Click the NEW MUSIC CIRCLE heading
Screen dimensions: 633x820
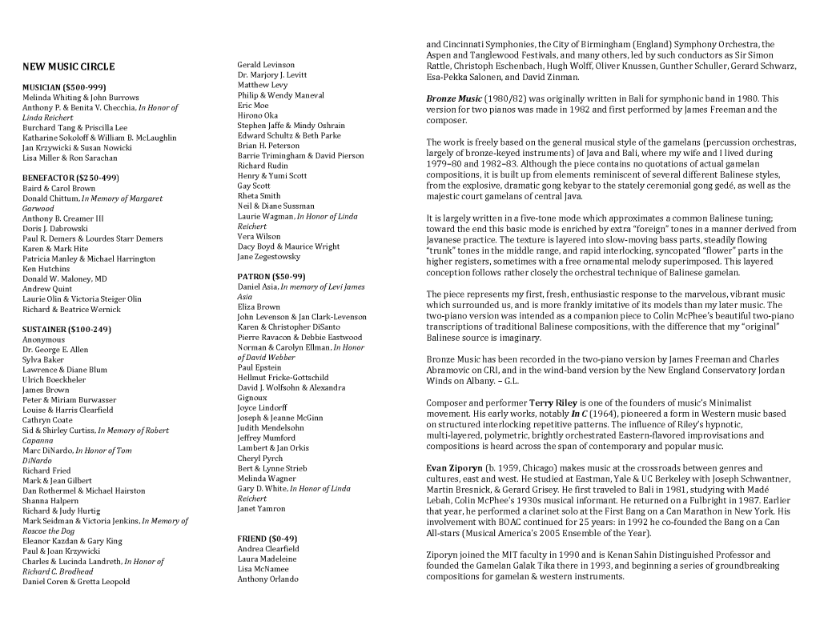(68, 67)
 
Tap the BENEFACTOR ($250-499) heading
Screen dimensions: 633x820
(70, 178)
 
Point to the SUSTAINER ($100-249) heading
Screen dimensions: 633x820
(66, 329)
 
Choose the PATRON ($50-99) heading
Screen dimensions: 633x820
(271, 276)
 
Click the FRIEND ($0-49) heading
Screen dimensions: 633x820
(267, 539)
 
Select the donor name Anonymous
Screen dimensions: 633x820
(43, 339)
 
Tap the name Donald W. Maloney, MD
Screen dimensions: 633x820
(64, 278)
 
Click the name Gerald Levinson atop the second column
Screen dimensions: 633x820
(266, 65)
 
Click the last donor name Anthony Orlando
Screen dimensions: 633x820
(267, 579)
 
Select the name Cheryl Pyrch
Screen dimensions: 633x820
(260, 459)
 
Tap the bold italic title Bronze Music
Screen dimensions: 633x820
(452, 98)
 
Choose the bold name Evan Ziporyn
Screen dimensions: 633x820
(456, 468)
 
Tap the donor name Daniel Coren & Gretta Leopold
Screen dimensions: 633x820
(76, 581)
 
